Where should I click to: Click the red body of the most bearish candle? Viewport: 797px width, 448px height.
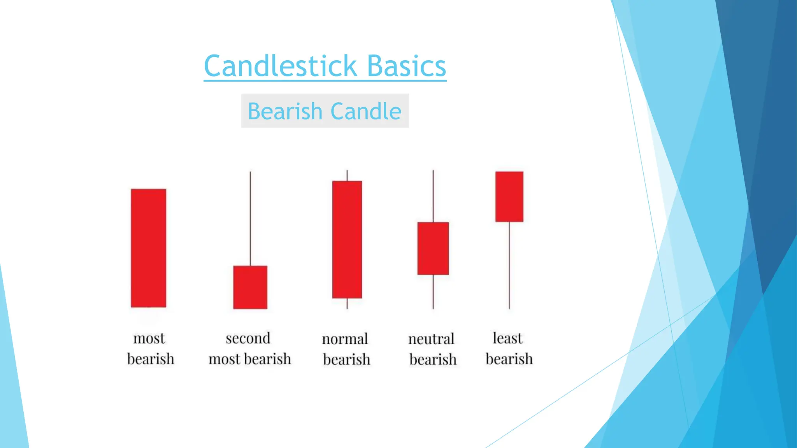149,248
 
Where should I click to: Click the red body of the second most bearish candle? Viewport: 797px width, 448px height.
250,287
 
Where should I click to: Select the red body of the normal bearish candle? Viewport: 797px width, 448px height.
347,240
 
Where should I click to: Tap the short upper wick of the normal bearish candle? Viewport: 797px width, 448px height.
347,176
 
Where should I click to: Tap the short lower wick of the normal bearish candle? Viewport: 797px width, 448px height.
347,304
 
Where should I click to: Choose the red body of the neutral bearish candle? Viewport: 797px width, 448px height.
433,248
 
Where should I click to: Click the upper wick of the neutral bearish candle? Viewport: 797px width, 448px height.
433,196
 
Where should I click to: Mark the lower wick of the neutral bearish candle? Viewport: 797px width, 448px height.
433,292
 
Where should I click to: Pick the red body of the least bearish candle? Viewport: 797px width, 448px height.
509,197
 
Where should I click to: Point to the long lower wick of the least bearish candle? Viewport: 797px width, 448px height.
509,265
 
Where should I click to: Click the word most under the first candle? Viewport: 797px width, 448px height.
149,338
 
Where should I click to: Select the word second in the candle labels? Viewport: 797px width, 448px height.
248,338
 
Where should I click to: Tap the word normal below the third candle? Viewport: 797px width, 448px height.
345,339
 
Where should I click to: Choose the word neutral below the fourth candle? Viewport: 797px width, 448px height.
431,339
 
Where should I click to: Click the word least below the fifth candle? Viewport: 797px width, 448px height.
507,338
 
